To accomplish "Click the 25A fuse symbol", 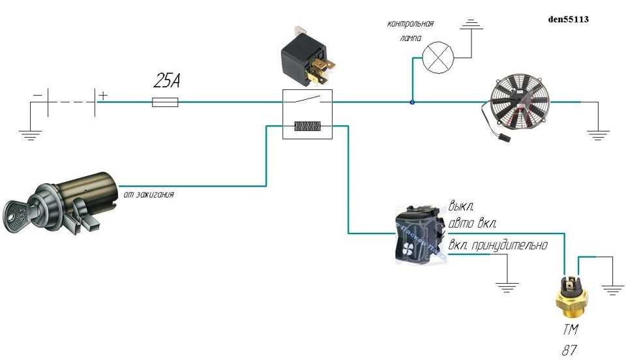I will [165, 102].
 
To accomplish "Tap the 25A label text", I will [167, 81].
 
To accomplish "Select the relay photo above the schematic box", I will [307, 57].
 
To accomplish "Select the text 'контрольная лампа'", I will [410, 31].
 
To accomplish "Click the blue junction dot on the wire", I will [412, 102].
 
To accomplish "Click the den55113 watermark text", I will [569, 20].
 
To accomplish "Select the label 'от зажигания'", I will [148, 194].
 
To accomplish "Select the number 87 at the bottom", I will [569, 350].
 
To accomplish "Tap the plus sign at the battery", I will [103, 95].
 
